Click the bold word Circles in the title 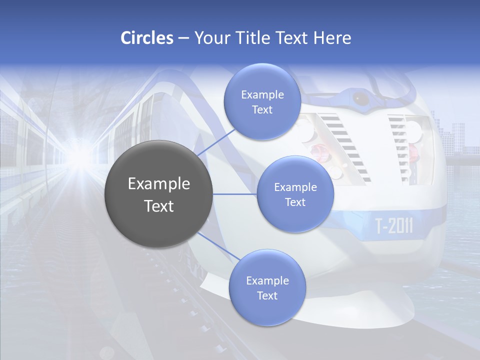tap(147, 38)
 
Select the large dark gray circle tap(158, 194)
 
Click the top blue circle tap(262, 101)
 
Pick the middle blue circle tap(295, 194)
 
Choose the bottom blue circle tap(267, 287)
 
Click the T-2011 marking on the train tap(394, 226)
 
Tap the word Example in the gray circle tap(158, 184)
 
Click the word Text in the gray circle tap(158, 206)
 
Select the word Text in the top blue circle tap(262, 110)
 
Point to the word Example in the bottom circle tap(267, 280)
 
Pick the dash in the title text tap(183, 38)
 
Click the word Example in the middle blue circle tap(295, 187)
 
